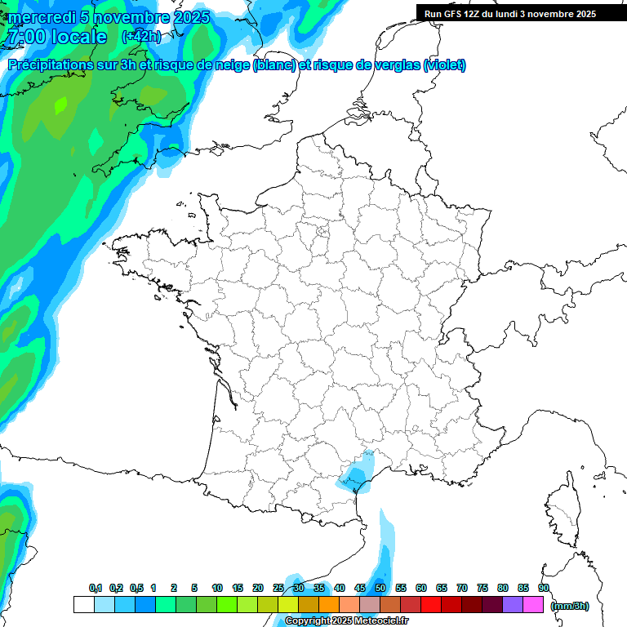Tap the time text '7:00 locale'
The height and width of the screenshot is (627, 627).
[56, 37]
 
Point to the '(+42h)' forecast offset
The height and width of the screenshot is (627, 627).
[140, 37]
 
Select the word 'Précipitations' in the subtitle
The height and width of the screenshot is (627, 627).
[51, 65]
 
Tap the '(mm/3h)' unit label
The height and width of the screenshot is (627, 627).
[570, 605]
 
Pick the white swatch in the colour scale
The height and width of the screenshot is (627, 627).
[83, 605]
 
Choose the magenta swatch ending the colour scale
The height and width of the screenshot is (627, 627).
[534, 605]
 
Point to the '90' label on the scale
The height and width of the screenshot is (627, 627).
[543, 588]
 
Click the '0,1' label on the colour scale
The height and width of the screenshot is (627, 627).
[96, 588]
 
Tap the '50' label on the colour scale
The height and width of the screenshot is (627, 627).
[380, 588]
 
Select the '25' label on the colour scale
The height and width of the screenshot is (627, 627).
[278, 588]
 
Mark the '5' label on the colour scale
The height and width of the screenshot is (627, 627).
[194, 588]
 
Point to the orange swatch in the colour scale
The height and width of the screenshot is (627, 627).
[329, 605]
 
